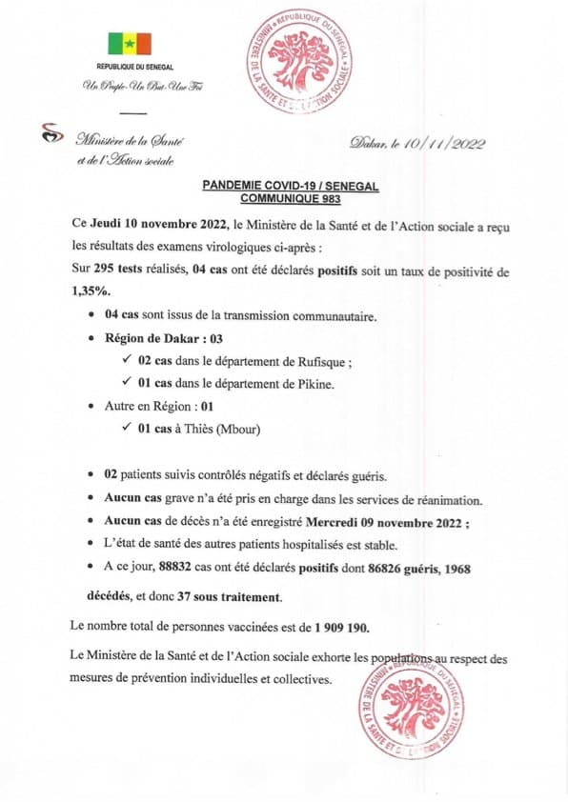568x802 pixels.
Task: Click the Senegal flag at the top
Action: [x=130, y=44]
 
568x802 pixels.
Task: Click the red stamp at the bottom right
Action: [x=412, y=706]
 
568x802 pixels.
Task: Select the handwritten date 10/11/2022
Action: [x=443, y=144]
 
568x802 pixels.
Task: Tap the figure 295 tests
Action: [x=119, y=271]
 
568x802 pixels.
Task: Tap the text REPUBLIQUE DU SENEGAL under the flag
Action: [x=130, y=68]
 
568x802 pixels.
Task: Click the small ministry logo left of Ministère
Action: [x=50, y=134]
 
